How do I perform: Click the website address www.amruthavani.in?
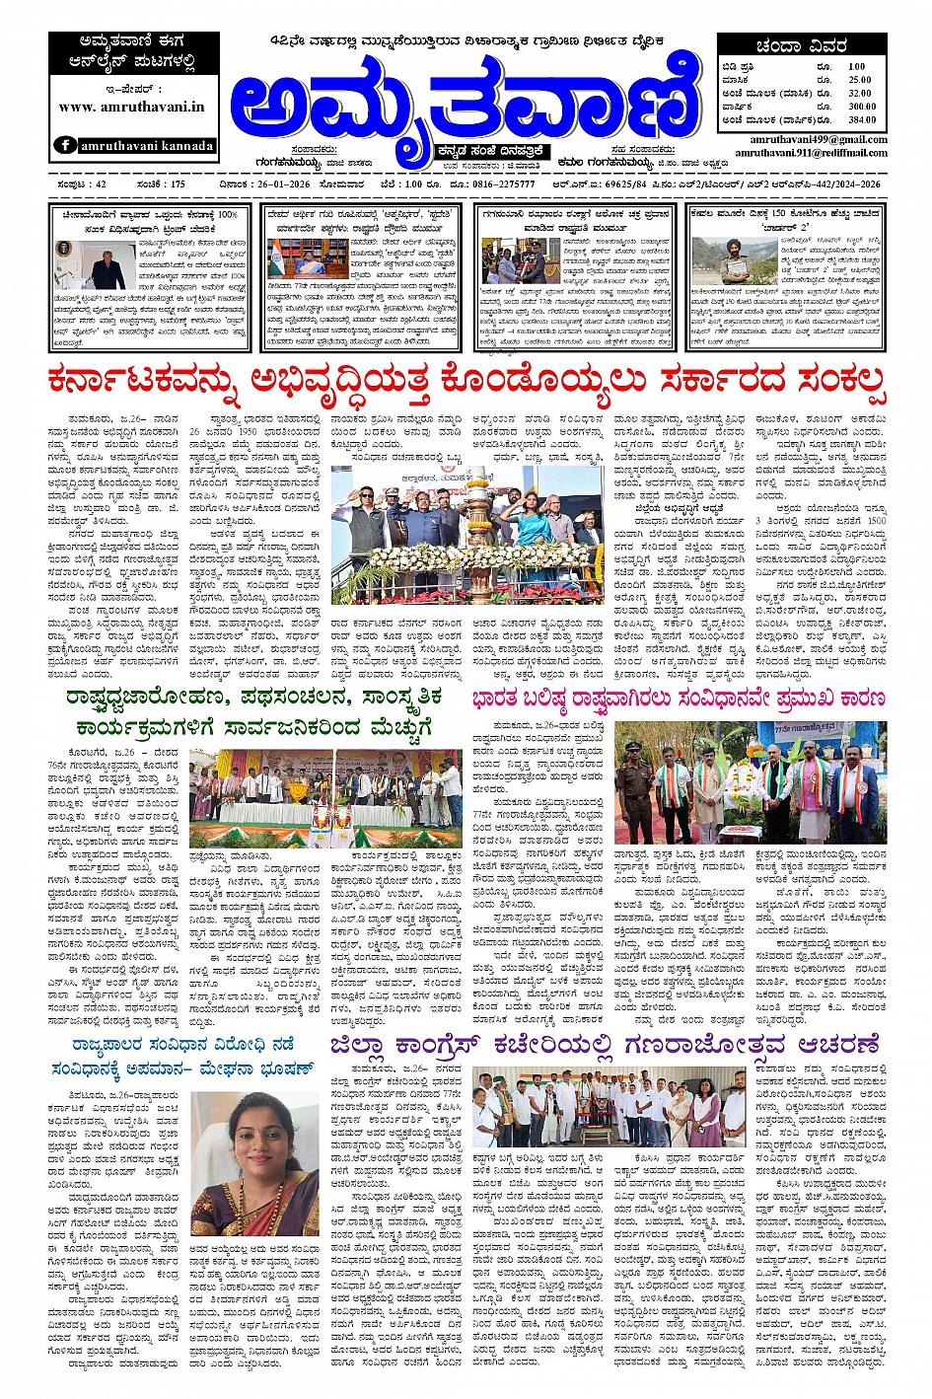click(x=132, y=107)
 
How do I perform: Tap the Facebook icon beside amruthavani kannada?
click(x=66, y=145)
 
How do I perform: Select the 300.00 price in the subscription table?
click(x=861, y=106)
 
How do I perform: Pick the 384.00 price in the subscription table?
click(x=861, y=119)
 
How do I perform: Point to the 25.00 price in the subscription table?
click(x=859, y=80)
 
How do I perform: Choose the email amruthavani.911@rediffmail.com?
click(x=811, y=153)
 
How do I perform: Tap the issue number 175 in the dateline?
click(x=177, y=184)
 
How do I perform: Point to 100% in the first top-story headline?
click(x=226, y=214)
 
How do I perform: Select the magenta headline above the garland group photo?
click(x=678, y=699)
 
